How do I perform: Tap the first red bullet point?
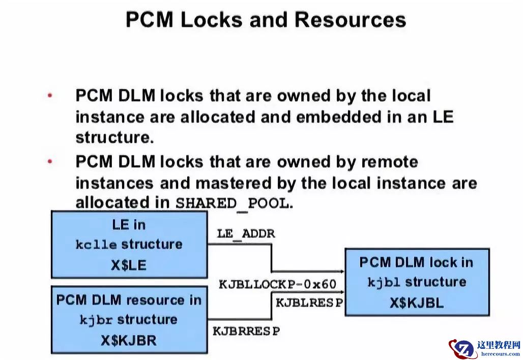[x=50, y=96]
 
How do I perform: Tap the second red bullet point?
[x=50, y=162]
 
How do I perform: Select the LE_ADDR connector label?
[x=246, y=234]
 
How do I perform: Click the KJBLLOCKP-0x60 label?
[x=277, y=284]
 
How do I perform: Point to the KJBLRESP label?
[x=309, y=302]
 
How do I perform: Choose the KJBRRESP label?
[x=246, y=331]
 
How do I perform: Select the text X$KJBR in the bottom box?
[x=128, y=340]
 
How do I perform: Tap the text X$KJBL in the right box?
[x=417, y=303]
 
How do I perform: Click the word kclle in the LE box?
[x=96, y=245]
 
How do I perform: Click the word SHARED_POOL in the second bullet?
[x=231, y=203]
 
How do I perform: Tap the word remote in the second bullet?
[x=389, y=162]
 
